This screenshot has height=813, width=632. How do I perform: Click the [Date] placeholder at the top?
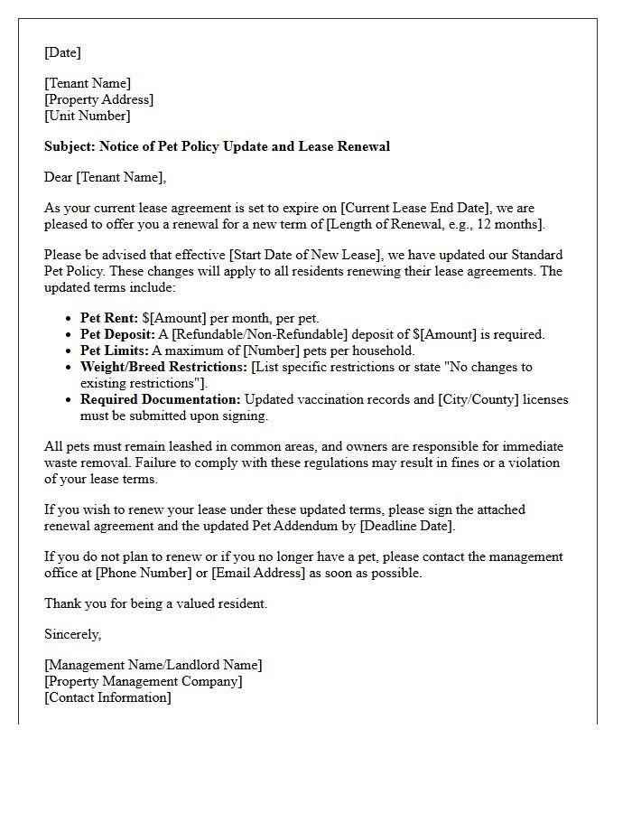pos(62,52)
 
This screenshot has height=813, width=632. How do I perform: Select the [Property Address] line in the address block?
pos(98,99)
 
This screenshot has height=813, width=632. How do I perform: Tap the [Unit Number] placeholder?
pos(88,116)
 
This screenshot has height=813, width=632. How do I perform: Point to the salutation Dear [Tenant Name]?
pos(105,177)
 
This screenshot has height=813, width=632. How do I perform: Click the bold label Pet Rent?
pos(108,318)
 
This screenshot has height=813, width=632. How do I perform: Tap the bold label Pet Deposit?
pos(117,334)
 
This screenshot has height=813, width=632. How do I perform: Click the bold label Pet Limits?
pos(114,350)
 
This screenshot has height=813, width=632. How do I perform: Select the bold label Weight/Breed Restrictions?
pos(163,367)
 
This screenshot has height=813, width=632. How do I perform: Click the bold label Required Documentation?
pos(160,399)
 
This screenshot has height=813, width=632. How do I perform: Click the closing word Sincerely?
pos(72,634)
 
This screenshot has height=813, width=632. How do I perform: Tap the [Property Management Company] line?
pos(143,681)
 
